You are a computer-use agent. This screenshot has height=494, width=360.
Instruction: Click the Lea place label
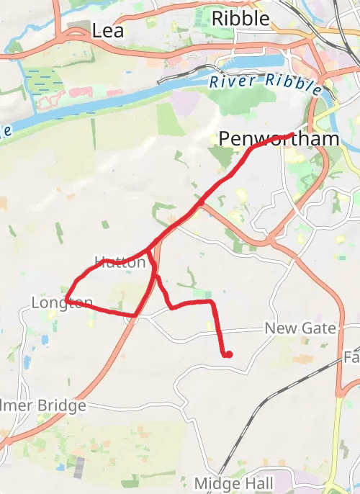pos(108,30)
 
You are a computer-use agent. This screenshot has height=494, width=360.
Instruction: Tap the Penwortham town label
pos(278,138)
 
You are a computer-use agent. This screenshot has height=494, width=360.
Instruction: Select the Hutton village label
pos(120,262)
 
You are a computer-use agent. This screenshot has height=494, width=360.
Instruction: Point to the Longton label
pos(61,302)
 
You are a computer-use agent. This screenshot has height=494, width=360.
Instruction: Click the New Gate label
pos(300,328)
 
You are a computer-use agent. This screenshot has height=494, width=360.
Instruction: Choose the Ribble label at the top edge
pos(240,18)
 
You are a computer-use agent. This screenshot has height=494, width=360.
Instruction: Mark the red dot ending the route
pos(228,354)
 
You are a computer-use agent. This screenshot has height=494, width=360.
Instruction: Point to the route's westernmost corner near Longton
pos(66,300)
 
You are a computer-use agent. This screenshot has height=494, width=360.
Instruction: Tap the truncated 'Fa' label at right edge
pos(351,357)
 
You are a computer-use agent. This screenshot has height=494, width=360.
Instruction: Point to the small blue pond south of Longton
pos(27,361)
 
